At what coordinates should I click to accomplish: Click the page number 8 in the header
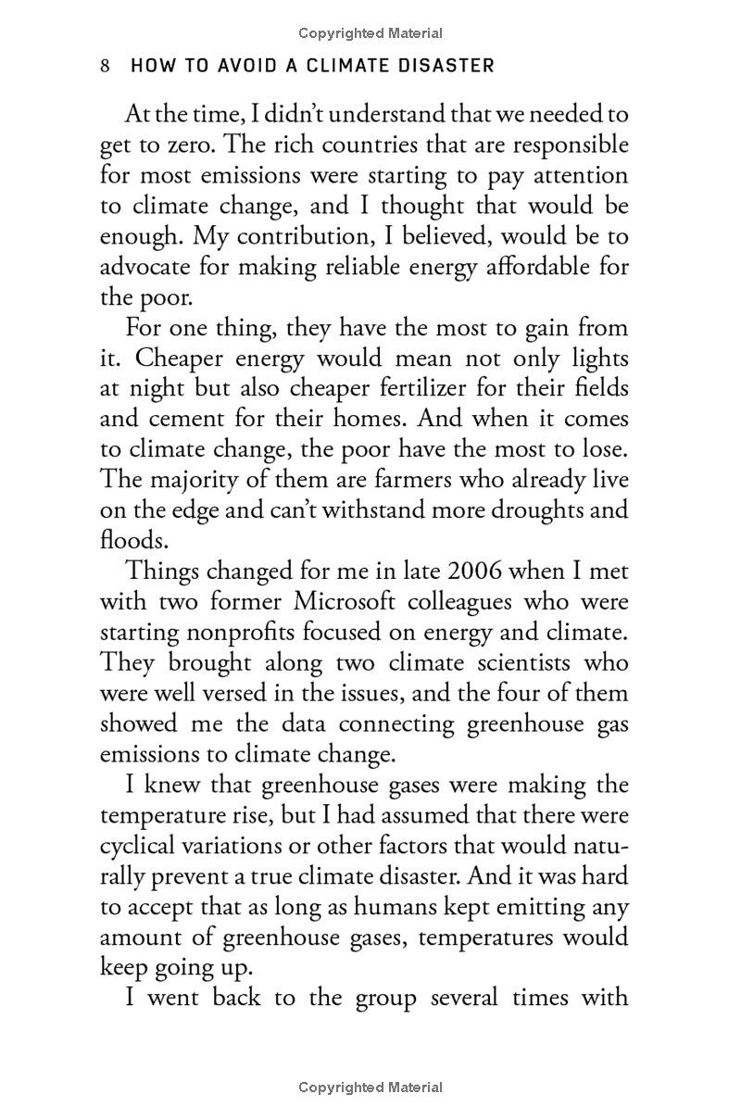click(x=106, y=66)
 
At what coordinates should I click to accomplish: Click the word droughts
click(x=542, y=511)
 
